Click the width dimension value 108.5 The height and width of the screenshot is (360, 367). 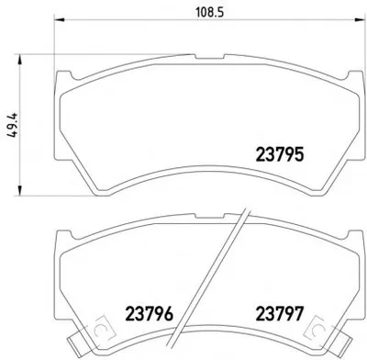209,12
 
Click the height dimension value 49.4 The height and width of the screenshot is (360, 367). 13,125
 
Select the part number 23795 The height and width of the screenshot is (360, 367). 280,154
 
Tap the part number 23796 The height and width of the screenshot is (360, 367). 150,314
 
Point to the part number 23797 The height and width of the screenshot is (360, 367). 280,314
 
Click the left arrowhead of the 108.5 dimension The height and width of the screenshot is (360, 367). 60,20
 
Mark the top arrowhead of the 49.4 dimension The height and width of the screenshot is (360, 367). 20,60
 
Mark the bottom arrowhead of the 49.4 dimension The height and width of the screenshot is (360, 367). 20,190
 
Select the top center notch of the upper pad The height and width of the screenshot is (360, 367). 209,57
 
